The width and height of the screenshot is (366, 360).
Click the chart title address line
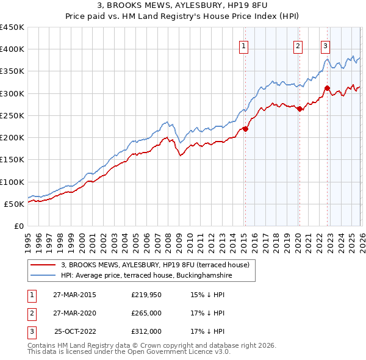pyautogui.click(x=182, y=6)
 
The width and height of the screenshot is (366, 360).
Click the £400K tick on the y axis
pyautogui.click(x=12, y=49)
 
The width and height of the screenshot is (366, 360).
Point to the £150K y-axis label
pyautogui.click(x=12, y=160)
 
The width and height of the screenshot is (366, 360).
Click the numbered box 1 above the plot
pyautogui.click(x=243, y=46)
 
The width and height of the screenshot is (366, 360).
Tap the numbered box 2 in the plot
pyautogui.click(x=298, y=46)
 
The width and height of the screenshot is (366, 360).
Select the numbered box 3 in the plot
pyautogui.click(x=326, y=46)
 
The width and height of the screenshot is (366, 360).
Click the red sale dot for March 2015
pyautogui.click(x=245, y=128)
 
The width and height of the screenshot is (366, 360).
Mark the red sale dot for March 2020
pyautogui.click(x=299, y=109)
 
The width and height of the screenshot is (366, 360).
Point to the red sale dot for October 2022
pyautogui.click(x=327, y=88)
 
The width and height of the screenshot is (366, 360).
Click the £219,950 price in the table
pyautogui.click(x=147, y=295)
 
